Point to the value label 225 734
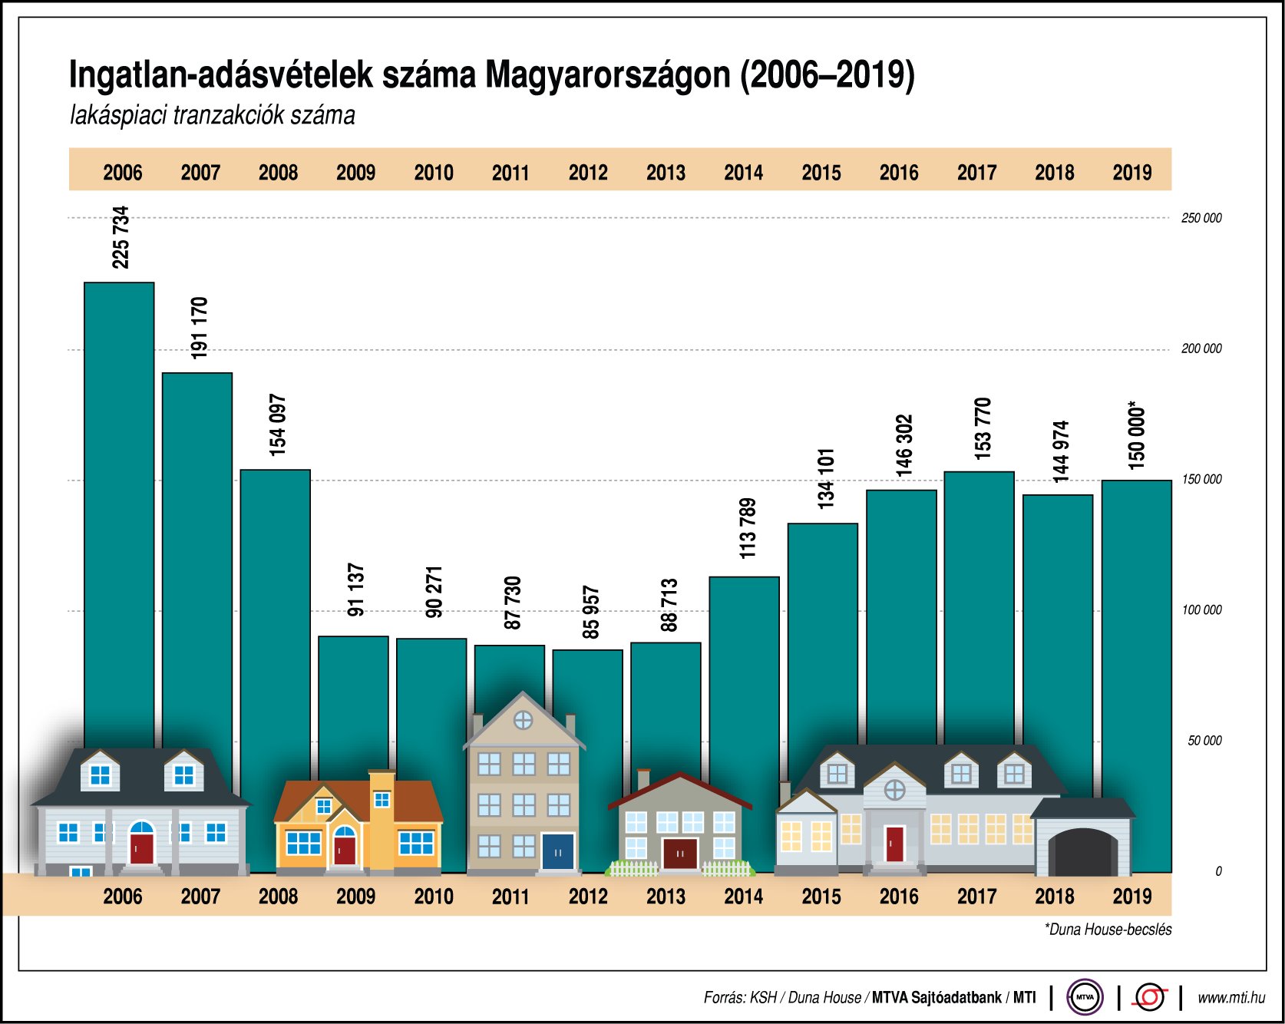[121, 237]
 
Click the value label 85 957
[590, 612]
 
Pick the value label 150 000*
[1136, 435]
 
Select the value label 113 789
[747, 528]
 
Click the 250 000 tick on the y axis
[1201, 218]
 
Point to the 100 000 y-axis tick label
[1201, 610]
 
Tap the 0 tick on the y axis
[1218, 871]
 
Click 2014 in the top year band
[743, 172]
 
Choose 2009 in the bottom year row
[355, 896]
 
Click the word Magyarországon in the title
[608, 75]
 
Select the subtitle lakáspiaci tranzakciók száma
[213, 116]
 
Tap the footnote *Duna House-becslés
[1108, 930]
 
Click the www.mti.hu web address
[1231, 997]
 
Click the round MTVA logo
[1085, 997]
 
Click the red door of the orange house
[345, 851]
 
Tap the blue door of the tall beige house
[558, 852]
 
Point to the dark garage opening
[1082, 854]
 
